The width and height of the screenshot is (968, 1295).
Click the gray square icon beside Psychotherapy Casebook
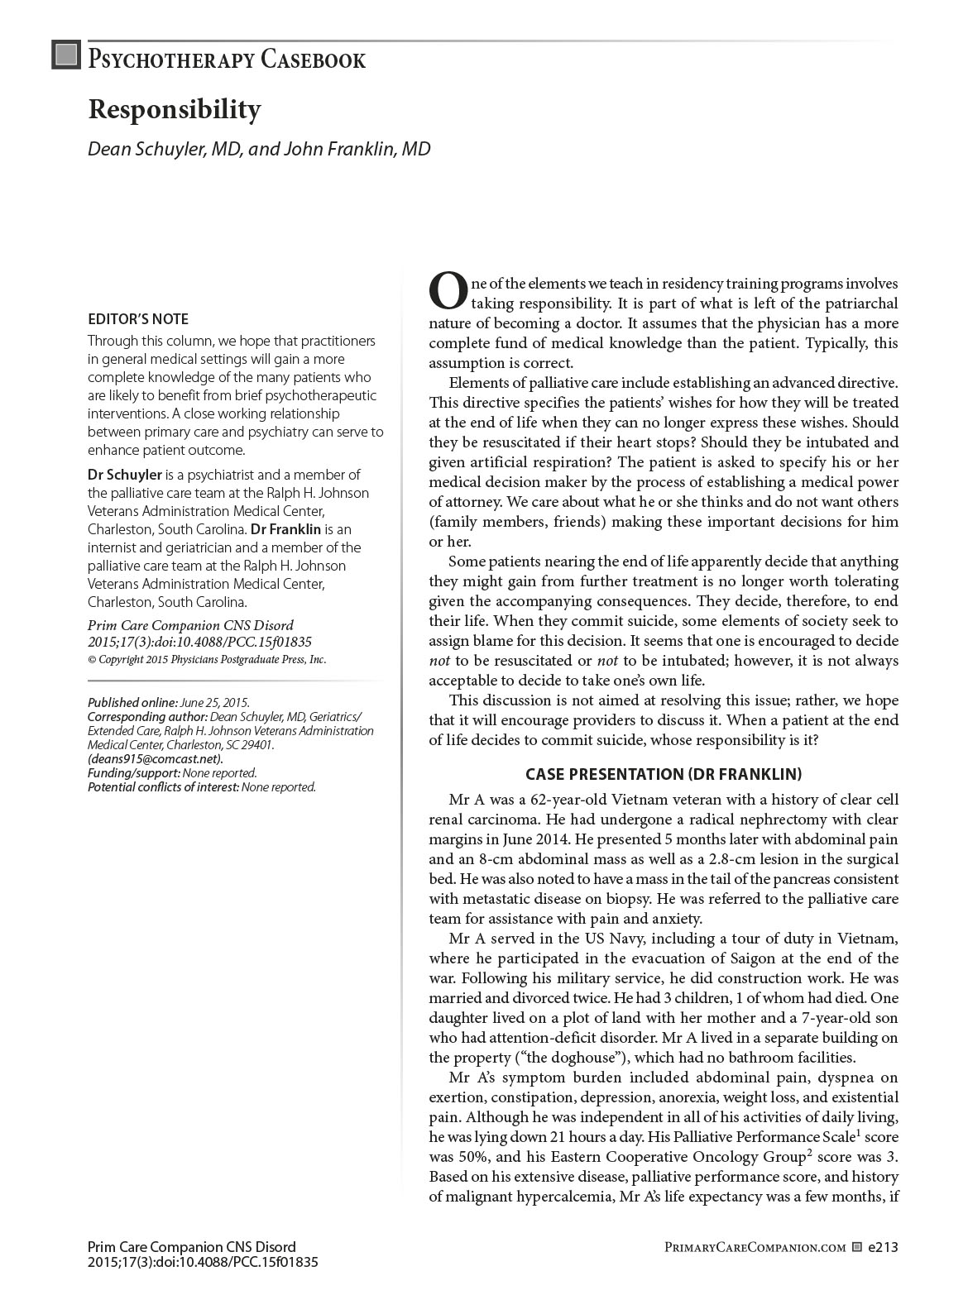(65, 55)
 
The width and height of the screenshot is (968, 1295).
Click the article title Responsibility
(175, 109)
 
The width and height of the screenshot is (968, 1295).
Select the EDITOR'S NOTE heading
(138, 319)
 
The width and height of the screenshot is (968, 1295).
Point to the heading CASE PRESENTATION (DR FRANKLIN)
(664, 774)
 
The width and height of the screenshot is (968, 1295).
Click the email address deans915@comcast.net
(156, 758)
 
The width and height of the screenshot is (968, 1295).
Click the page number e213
(883, 1247)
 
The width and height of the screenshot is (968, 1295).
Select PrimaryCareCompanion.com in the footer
(755, 1247)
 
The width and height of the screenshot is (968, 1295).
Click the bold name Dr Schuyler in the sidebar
(125, 475)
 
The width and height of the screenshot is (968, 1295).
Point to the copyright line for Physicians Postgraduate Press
(207, 660)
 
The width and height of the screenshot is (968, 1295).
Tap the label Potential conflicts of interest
(163, 787)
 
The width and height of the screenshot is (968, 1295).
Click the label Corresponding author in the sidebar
(147, 716)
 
